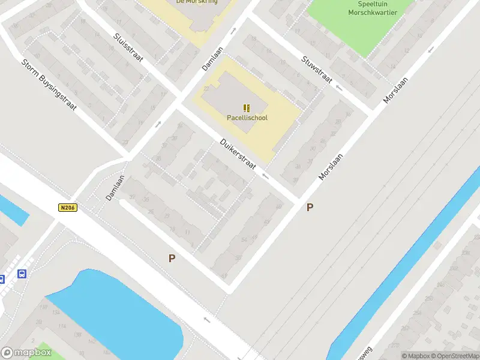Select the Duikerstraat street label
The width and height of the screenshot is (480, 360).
pyautogui.click(x=238, y=154)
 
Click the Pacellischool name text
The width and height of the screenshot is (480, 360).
pyautogui.click(x=247, y=118)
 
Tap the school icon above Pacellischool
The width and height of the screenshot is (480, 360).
pyautogui.click(x=247, y=108)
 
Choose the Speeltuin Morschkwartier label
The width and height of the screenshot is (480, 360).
pyautogui.click(x=373, y=8)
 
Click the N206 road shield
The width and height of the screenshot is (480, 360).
pyautogui.click(x=68, y=208)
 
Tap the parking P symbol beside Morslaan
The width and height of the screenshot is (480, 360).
pyautogui.click(x=310, y=208)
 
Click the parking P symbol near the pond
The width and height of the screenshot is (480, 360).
pyautogui.click(x=172, y=259)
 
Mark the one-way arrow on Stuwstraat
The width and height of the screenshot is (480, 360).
pyautogui.click(x=339, y=88)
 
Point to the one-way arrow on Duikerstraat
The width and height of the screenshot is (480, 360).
pyautogui.click(x=265, y=176)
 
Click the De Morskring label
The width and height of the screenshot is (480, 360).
pyautogui.click(x=197, y=2)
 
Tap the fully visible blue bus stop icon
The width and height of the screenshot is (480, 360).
pyautogui.click(x=22, y=274)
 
